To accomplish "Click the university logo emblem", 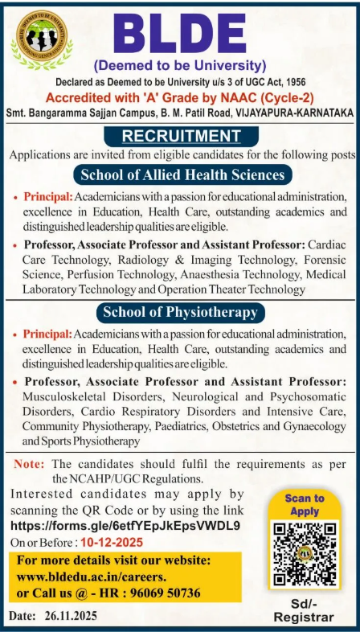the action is click(39, 39).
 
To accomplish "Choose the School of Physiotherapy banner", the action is click(178, 311).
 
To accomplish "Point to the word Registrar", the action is click(303, 618).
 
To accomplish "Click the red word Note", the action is click(29, 464).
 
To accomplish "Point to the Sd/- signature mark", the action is click(303, 603).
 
